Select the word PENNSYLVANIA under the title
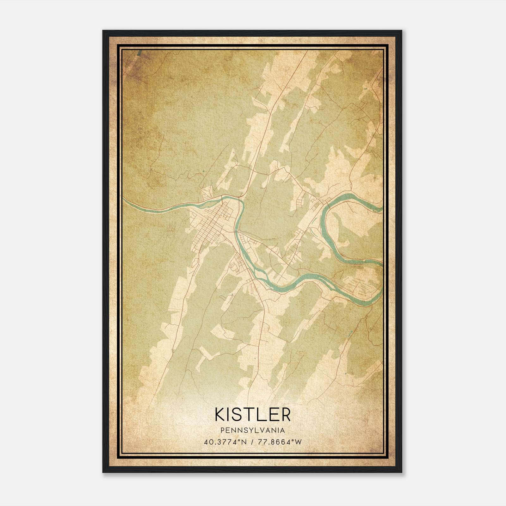click(253, 430)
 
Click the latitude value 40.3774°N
click(225, 442)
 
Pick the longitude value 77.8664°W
click(280, 442)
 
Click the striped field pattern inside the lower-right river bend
click(359, 285)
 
